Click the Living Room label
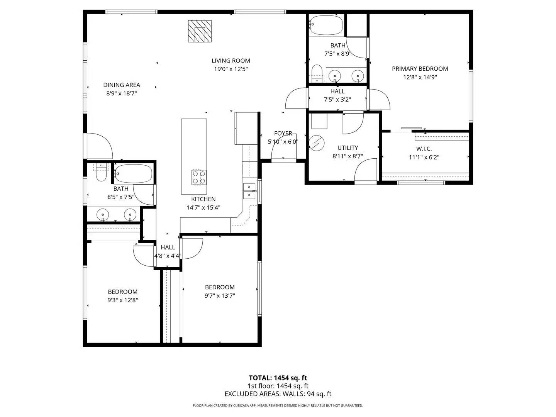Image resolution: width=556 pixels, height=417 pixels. [231, 61]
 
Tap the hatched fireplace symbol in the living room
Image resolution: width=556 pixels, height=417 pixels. [200, 31]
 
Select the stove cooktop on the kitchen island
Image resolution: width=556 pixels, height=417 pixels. [199, 177]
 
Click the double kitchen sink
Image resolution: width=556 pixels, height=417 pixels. [249, 191]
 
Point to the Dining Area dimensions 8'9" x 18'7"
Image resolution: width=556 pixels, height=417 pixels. [122, 93]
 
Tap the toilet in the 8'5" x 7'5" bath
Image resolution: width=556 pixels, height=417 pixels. [101, 175]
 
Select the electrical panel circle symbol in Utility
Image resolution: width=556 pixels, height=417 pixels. [316, 143]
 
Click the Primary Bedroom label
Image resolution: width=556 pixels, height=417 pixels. [420, 69]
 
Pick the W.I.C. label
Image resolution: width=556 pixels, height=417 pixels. [424, 149]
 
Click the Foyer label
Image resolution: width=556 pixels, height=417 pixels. [283, 133]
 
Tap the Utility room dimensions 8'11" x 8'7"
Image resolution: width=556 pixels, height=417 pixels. [347, 156]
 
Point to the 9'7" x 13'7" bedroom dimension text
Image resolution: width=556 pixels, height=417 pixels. [220, 296]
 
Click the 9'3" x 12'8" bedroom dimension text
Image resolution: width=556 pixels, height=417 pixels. [122, 300]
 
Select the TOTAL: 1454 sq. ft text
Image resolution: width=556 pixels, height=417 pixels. [278, 378]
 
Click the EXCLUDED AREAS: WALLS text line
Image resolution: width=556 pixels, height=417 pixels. [278, 394]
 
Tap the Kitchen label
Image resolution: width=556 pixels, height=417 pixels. [203, 199]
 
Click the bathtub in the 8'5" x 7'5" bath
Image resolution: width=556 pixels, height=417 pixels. [133, 174]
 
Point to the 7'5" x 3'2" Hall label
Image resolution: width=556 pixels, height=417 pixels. [337, 92]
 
